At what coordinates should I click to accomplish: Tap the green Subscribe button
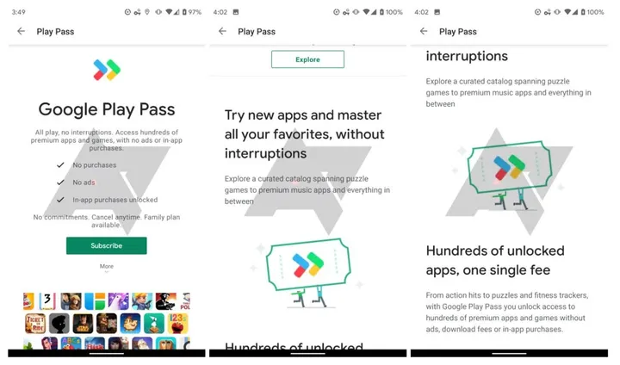point(106,245)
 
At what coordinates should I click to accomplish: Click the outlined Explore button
point(307,59)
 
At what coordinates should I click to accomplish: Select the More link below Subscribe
point(106,266)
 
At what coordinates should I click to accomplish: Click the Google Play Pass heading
point(107,109)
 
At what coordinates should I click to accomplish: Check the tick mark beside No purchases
point(60,164)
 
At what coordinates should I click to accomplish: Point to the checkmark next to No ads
point(60,182)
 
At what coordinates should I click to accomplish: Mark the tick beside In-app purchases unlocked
point(60,200)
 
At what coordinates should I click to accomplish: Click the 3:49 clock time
point(19,12)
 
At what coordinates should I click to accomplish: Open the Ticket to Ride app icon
point(36,323)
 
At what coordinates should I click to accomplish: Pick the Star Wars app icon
point(84,323)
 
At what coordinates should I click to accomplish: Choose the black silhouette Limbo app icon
point(59,323)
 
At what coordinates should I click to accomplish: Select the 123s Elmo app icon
point(177,323)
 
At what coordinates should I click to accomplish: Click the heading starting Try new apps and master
point(304,133)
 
